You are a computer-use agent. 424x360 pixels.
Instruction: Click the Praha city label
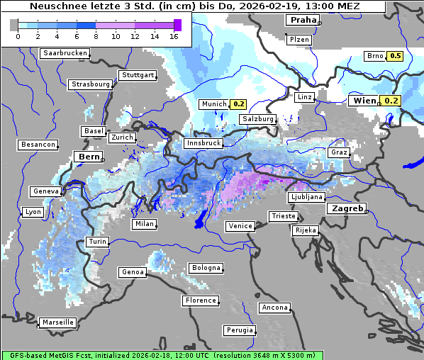click(x=303, y=20)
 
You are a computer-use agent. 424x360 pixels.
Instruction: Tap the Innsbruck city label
click(x=202, y=143)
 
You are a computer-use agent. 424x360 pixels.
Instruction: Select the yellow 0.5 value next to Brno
click(x=395, y=56)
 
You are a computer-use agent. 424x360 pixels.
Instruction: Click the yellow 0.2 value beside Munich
click(x=239, y=104)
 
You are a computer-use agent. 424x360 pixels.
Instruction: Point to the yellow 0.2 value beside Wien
click(x=392, y=101)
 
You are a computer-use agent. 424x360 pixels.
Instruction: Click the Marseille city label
click(x=57, y=322)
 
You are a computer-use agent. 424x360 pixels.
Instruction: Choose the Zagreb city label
click(x=346, y=209)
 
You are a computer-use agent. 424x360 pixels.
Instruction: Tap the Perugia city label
click(x=239, y=330)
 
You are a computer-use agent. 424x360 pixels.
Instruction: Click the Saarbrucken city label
click(x=65, y=53)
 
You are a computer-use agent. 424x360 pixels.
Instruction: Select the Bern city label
click(x=89, y=157)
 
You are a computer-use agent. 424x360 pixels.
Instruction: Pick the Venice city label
click(x=240, y=226)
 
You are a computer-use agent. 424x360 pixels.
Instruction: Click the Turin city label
click(x=98, y=242)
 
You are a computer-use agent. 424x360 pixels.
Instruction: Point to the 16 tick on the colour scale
click(x=174, y=36)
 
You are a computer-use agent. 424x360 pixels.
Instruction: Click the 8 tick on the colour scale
click(x=96, y=36)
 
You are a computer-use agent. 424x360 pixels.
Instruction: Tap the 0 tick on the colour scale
click(x=17, y=36)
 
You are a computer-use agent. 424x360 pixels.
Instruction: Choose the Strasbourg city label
click(x=91, y=84)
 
